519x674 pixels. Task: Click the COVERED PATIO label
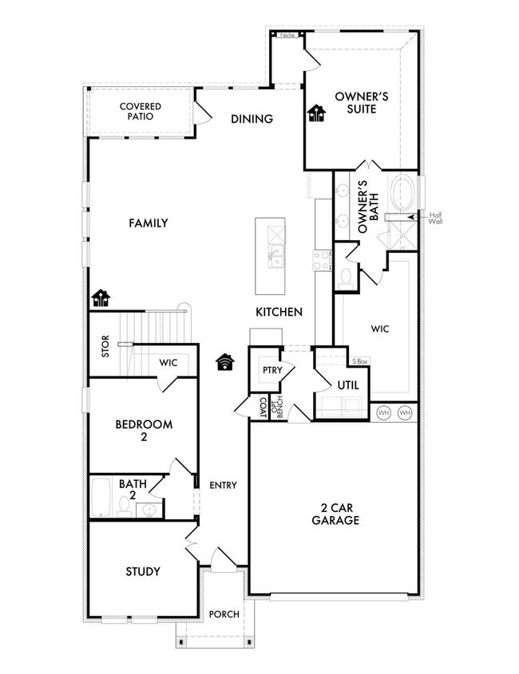point(141,112)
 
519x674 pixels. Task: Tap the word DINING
point(252,119)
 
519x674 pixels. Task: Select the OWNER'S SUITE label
point(362,102)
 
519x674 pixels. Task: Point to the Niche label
point(287,35)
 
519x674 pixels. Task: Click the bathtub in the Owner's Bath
point(403,191)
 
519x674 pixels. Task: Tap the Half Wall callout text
point(435,219)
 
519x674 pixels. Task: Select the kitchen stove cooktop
point(322,261)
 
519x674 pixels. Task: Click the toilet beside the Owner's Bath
point(345,278)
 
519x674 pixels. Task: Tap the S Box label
point(360,361)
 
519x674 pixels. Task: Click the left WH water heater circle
point(383,413)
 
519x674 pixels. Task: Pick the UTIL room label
point(347,385)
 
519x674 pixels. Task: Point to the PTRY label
point(272,370)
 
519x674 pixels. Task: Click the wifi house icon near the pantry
point(225,362)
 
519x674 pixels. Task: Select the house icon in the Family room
point(101,298)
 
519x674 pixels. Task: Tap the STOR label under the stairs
point(105,346)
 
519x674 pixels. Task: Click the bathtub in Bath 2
point(101,497)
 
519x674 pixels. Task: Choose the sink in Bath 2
point(149,510)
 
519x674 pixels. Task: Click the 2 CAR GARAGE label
point(335,514)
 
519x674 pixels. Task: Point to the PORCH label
point(224,614)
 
